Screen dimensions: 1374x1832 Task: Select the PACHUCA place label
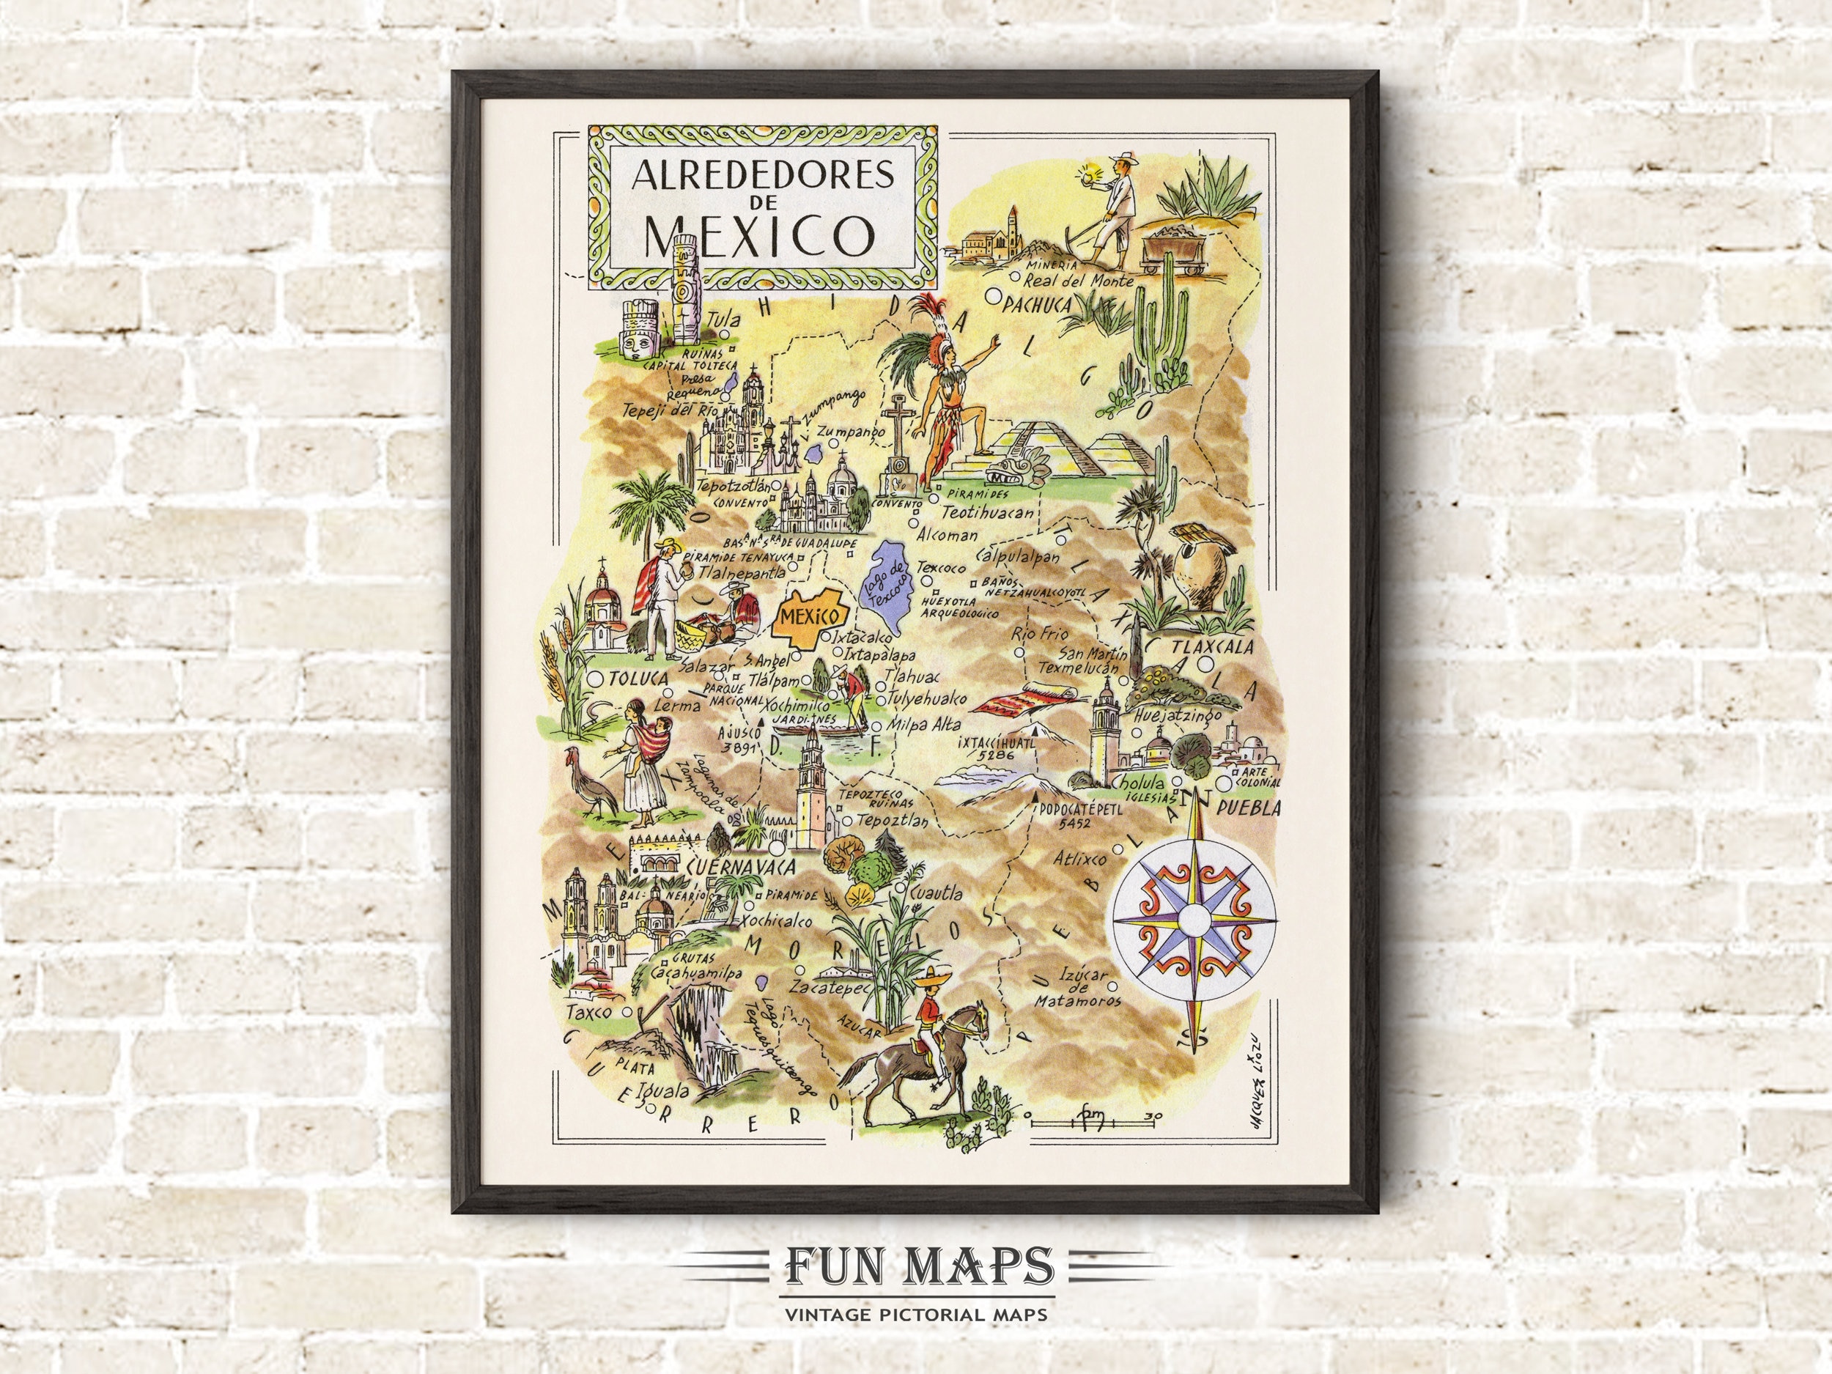coord(1036,306)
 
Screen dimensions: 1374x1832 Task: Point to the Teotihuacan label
coord(988,513)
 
